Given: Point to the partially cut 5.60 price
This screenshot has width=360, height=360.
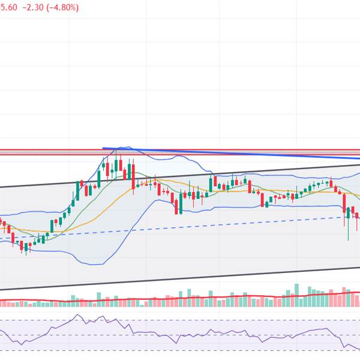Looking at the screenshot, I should (x=8, y=8).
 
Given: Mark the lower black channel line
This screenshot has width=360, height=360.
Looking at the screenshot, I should (x=180, y=279).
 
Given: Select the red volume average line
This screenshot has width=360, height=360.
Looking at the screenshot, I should (x=180, y=296).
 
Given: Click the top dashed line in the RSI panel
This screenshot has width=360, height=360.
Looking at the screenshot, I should (x=180, y=320).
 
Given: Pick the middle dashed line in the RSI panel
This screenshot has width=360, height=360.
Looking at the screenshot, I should (x=180, y=335).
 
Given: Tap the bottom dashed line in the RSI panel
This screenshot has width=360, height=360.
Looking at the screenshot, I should (x=180, y=350).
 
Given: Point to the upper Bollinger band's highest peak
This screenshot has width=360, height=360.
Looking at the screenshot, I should (x=125, y=146).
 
